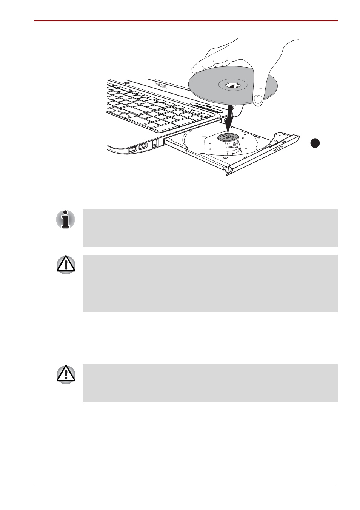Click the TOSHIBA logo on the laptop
point(161,86)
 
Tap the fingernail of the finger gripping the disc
point(258,100)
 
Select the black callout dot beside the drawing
point(315,143)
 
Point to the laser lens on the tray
point(232,145)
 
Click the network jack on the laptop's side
point(155,143)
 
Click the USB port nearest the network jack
point(143,146)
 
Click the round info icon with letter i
point(66,219)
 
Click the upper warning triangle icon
point(66,264)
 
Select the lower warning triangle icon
point(66,374)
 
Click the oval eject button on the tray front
point(279,149)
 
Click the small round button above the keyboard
point(127,83)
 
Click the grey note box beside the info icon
point(210,228)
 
